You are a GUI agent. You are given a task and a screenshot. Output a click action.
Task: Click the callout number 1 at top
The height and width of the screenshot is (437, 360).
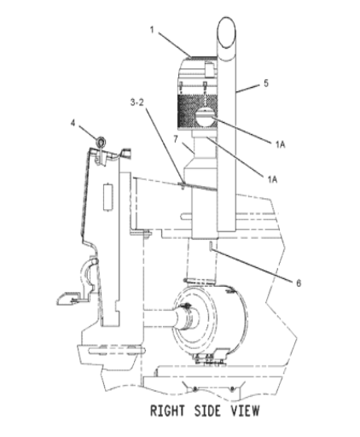[x=152, y=30]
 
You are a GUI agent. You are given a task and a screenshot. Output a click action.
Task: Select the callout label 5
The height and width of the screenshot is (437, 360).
[x=266, y=84]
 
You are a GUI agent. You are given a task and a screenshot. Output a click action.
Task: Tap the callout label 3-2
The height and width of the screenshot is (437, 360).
[x=137, y=102]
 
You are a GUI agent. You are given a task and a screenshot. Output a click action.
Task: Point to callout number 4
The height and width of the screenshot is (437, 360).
[x=73, y=123]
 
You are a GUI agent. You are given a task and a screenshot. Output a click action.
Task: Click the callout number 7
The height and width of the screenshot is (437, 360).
[x=176, y=139]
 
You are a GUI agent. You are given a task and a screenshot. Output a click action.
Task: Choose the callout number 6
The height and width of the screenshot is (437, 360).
[x=299, y=283]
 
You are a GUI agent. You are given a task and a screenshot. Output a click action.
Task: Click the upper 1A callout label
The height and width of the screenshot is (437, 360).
[x=280, y=145]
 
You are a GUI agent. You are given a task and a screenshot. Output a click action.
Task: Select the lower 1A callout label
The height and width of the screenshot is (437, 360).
[x=272, y=179]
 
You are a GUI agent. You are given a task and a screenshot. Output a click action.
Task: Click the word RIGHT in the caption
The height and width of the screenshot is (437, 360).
[x=167, y=411]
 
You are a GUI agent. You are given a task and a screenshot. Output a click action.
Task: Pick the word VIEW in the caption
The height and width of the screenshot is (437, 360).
[x=245, y=411]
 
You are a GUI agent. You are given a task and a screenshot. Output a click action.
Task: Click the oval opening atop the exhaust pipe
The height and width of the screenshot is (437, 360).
[x=227, y=32]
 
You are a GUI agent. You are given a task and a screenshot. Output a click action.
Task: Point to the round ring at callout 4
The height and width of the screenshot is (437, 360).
[x=101, y=141]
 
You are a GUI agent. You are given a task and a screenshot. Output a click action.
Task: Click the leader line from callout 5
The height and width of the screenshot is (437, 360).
[x=247, y=88]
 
